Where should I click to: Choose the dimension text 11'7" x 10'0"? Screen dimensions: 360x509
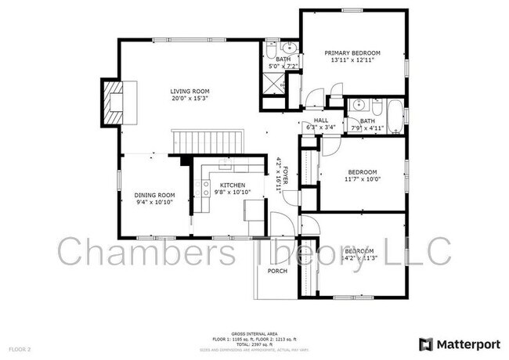(363, 179)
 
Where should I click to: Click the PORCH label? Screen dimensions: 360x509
(277, 271)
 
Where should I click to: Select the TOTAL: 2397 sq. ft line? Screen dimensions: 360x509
(254, 343)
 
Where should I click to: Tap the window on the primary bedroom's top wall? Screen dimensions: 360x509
(350, 9)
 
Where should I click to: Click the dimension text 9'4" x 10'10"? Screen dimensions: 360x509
(153, 202)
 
